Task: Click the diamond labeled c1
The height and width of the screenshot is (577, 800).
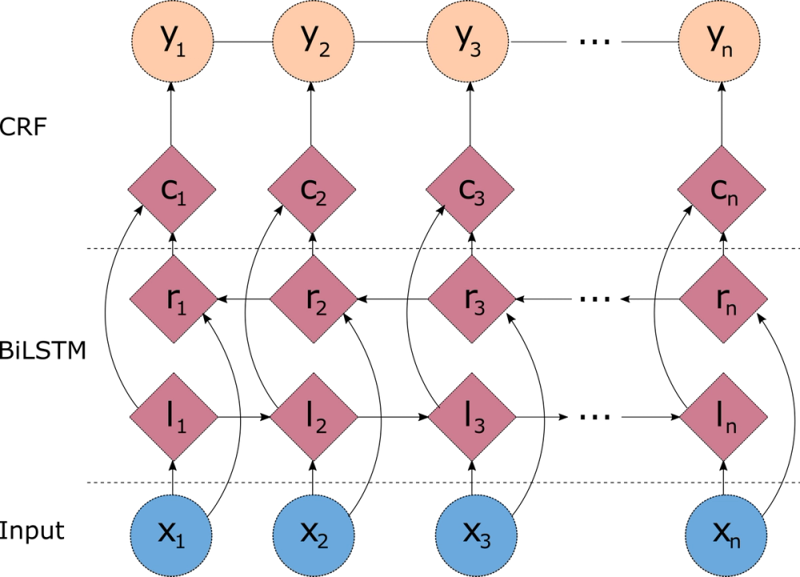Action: tap(172, 190)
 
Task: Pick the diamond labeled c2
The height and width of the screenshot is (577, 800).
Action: tap(312, 190)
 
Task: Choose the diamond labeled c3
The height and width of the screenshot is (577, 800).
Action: tap(470, 190)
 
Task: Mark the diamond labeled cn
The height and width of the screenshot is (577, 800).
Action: tap(722, 190)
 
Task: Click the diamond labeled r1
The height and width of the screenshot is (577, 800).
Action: tap(174, 299)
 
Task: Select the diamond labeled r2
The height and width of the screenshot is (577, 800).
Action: tap(314, 299)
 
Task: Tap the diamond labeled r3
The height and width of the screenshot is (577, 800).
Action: tap(471, 299)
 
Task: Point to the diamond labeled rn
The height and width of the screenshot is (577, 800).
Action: tap(723, 299)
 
